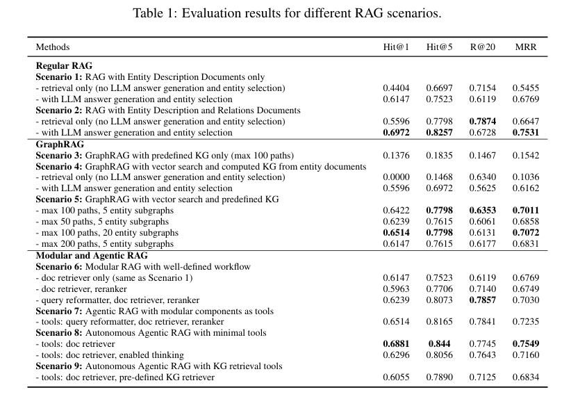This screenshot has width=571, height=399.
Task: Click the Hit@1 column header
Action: click(396, 47)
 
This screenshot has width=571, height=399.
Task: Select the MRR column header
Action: click(525, 47)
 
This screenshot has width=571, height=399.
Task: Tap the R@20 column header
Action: click(483, 47)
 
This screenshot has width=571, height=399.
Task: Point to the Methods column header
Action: click(52, 47)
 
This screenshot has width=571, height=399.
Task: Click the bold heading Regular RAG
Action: click(64, 66)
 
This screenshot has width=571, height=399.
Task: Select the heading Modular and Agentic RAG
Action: click(92, 255)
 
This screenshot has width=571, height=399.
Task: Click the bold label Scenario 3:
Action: click(59, 156)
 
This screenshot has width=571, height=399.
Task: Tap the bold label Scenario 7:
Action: click(59, 311)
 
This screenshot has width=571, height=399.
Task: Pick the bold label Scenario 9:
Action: click(59, 366)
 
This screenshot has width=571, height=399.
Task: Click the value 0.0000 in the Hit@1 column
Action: click(396, 177)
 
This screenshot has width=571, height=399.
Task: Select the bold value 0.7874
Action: click(483, 122)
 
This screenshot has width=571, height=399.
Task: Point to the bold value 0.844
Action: click(439, 343)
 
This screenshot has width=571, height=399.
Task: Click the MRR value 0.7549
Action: click(525, 343)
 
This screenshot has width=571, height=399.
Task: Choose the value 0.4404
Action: click(396, 88)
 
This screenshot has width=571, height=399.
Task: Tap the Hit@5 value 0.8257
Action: click(439, 133)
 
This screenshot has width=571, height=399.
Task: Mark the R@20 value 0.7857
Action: click(483, 300)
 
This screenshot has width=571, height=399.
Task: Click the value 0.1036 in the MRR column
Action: click(525, 177)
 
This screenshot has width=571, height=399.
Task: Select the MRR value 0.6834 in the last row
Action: click(525, 377)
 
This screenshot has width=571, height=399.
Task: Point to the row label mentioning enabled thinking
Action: click(110, 355)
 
